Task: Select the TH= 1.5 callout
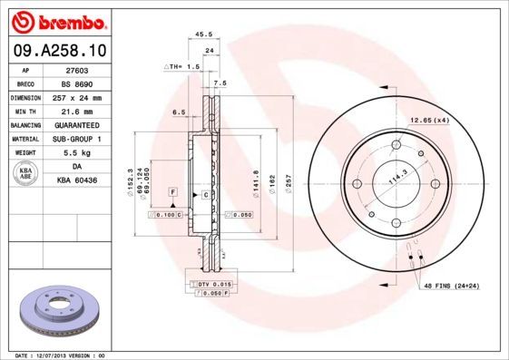181,67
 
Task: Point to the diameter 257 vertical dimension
289,183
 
